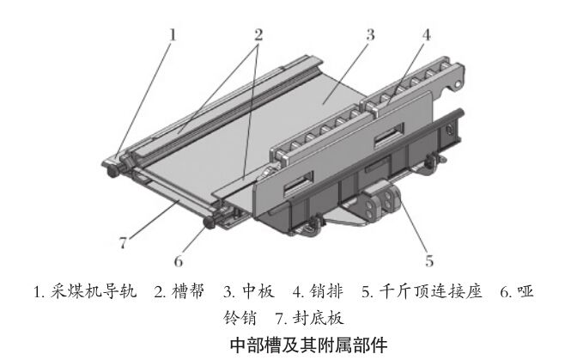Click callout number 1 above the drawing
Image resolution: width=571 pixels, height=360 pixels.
173,35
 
